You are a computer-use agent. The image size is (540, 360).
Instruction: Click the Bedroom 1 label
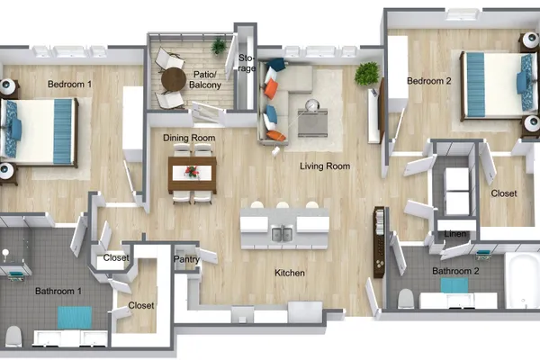(69, 84)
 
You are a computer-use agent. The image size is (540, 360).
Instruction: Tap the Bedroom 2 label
(428, 81)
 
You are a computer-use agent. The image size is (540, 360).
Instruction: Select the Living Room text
(325, 166)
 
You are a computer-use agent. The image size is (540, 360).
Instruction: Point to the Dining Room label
(189, 138)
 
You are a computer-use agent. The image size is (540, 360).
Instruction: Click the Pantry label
(186, 259)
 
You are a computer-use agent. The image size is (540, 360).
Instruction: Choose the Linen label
(454, 234)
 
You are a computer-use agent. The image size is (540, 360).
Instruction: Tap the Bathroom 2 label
(455, 271)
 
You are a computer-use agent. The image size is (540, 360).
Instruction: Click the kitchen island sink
(282, 234)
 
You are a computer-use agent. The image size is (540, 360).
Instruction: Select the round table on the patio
(174, 79)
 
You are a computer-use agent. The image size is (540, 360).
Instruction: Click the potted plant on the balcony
(219, 45)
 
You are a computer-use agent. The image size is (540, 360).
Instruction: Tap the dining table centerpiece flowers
(192, 172)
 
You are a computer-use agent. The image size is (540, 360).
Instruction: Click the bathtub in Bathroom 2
(522, 280)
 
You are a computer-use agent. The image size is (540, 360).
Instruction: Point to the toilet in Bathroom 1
(13, 337)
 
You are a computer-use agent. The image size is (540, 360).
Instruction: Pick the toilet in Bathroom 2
(406, 298)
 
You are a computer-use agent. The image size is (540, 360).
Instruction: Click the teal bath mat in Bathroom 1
(75, 318)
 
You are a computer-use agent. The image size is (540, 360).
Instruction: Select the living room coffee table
(312, 122)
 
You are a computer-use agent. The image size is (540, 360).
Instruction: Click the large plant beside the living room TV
(367, 74)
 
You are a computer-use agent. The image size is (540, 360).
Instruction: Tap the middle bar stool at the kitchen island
(283, 205)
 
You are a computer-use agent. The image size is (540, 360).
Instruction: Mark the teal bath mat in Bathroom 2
(454, 285)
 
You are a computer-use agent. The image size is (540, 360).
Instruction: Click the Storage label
(247, 63)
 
